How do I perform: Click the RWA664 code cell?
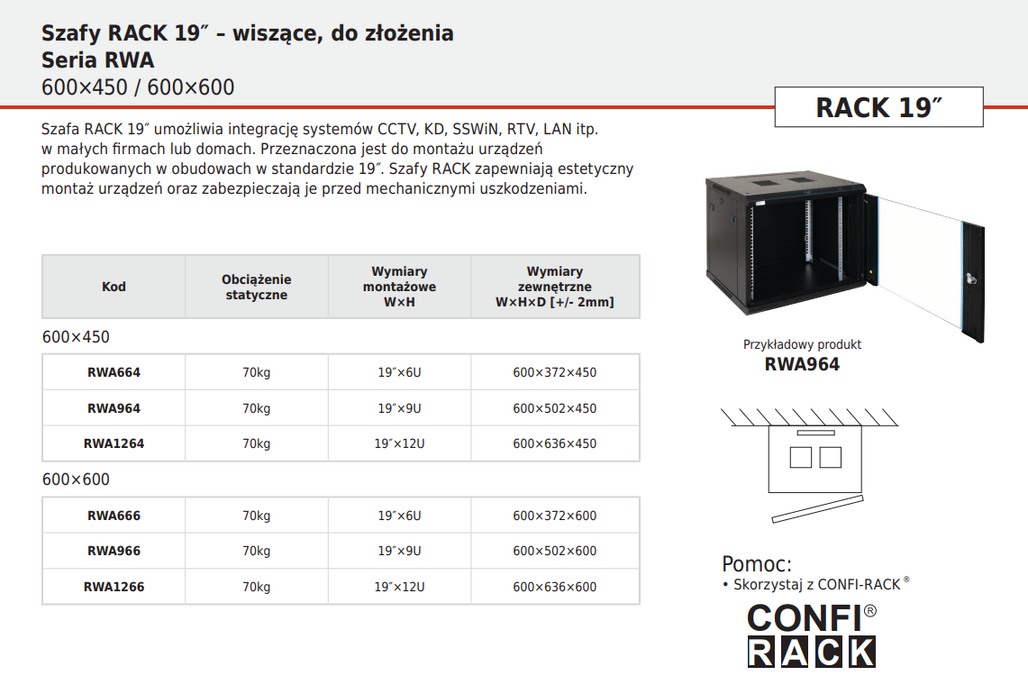(114, 372)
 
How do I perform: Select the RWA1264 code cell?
(114, 443)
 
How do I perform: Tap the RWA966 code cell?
(114, 551)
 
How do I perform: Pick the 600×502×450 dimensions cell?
(555, 408)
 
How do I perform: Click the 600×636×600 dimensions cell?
(555, 587)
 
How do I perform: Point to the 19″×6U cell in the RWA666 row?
(399, 516)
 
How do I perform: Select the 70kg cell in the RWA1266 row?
(257, 587)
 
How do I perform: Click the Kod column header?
(114, 287)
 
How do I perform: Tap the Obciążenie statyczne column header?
(257, 287)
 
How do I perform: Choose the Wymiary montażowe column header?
(399, 287)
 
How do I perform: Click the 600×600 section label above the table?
(76, 479)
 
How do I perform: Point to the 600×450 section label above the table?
(76, 337)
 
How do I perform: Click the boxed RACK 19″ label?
(878, 107)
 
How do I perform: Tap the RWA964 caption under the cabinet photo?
(802, 364)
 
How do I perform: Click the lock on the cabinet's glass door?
(971, 279)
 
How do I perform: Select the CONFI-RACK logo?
(812, 635)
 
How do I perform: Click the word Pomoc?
(757, 564)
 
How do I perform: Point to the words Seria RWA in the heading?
(97, 60)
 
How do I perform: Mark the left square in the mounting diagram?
(800, 457)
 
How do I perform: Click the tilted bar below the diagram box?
(817, 509)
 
